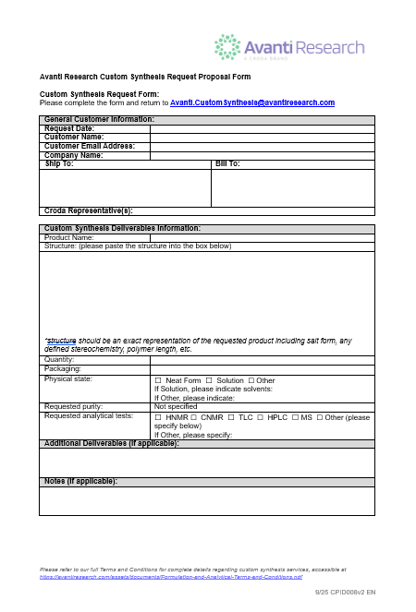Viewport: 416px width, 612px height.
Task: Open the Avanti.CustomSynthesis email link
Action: [251, 102]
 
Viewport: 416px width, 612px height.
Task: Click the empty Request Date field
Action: [262, 128]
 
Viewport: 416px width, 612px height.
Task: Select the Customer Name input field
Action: [262, 138]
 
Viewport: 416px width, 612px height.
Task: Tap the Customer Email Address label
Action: [90, 146]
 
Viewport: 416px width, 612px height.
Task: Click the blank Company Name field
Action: [262, 155]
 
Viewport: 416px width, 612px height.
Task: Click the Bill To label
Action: [227, 164]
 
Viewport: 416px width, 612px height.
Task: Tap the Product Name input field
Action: [262, 237]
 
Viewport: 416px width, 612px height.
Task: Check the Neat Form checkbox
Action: [158, 380]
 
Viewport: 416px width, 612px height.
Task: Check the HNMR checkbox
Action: [158, 417]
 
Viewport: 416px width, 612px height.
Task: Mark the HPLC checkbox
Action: [260, 417]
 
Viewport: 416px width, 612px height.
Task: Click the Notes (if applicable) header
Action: [80, 482]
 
